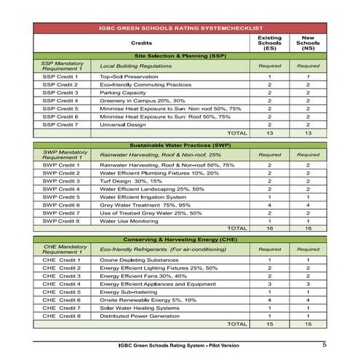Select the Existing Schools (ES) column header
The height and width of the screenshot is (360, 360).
[x=270, y=43]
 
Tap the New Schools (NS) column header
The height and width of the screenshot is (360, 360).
[x=308, y=43]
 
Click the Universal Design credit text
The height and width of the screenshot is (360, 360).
[x=124, y=124]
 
